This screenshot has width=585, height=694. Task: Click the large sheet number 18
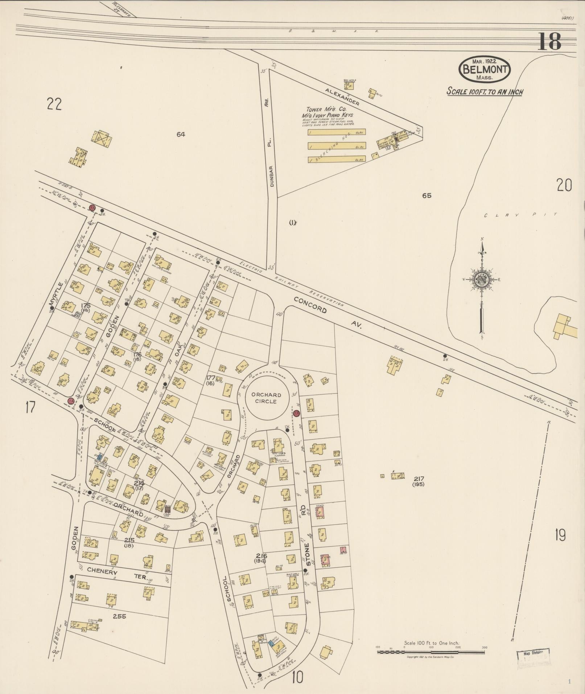(549, 41)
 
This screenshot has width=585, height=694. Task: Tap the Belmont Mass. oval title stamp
(485, 69)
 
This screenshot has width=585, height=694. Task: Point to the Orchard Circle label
(268, 398)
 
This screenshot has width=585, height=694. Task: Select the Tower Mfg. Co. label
(326, 109)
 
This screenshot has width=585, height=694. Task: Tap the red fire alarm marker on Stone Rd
(297, 413)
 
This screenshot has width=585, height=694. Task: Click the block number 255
(119, 616)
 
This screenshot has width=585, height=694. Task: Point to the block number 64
(181, 134)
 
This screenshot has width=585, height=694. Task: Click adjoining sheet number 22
(54, 104)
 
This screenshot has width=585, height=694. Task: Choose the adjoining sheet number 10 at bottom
(297, 677)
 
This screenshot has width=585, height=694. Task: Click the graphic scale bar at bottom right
(431, 652)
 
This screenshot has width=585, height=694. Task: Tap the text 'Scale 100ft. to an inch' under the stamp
(484, 91)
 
